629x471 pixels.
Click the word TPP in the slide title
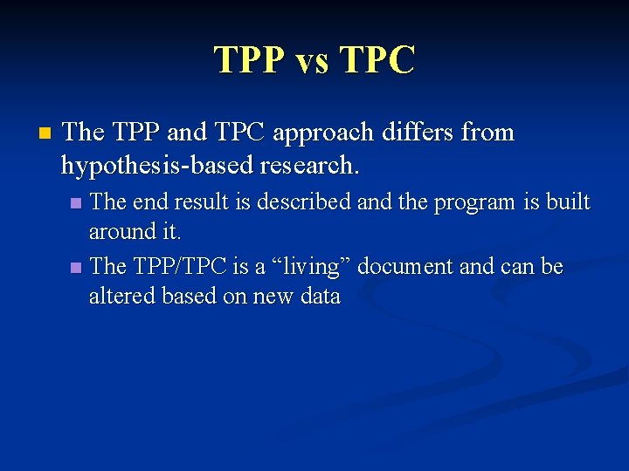250,60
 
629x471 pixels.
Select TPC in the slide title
378,60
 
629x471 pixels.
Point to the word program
471,202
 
